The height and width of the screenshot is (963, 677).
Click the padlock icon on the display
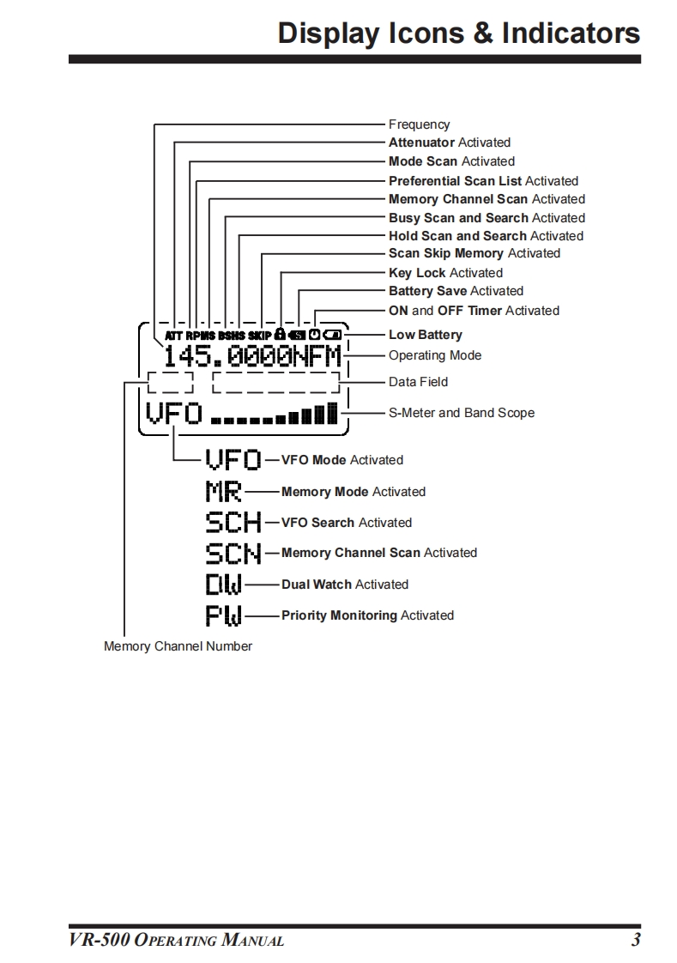click(280, 334)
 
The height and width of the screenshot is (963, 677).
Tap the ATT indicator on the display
click(174, 335)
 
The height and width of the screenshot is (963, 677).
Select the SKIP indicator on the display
click(260, 335)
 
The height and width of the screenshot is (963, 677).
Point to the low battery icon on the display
click(332, 335)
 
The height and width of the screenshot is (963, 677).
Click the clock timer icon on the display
click(314, 334)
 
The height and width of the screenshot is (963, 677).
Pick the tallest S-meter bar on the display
click(332, 414)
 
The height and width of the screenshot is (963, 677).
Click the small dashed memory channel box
click(170, 382)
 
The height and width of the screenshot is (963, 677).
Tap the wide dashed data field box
click(275, 382)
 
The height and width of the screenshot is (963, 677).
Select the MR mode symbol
click(223, 492)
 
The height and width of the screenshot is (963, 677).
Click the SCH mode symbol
click(233, 522)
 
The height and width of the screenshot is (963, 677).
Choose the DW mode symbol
click(223, 584)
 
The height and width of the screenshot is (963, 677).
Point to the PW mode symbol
click(223, 615)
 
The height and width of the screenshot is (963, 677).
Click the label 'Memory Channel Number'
click(178, 645)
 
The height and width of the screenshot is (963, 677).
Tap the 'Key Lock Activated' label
click(445, 273)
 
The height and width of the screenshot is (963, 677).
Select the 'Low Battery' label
click(426, 335)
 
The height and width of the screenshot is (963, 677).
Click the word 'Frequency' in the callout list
click(419, 124)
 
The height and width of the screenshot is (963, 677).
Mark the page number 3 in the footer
click(635, 940)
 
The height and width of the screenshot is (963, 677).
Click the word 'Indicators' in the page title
click(571, 33)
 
